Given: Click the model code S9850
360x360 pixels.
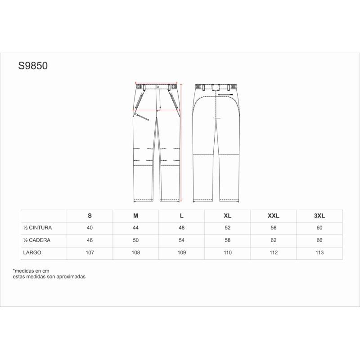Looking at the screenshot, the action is [33, 66].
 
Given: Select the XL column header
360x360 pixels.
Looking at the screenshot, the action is [228, 216].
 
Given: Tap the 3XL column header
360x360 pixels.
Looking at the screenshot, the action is [319, 216].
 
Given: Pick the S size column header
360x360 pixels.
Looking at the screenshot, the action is [90, 216].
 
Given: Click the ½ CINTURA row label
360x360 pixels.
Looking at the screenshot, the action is [37, 228].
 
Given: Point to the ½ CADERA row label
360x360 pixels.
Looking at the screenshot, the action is [37, 240].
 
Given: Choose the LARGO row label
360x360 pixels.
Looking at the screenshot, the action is [32, 252].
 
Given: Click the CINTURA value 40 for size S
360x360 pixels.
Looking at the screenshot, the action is [90, 228].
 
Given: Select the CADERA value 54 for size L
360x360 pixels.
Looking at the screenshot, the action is [182, 240].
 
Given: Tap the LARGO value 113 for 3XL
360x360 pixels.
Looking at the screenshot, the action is [319, 252].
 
